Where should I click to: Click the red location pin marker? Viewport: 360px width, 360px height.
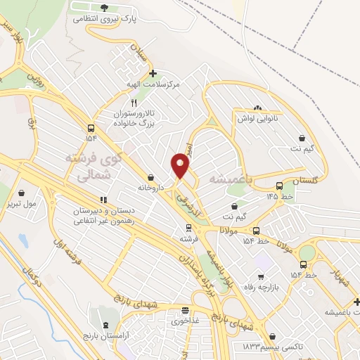[180, 166]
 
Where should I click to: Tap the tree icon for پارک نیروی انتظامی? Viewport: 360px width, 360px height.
[105, 8]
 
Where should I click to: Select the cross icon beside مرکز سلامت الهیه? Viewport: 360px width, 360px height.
[153, 72]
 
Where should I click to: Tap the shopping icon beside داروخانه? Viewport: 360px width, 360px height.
[151, 177]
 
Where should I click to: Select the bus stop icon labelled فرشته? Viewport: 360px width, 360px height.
[188, 228]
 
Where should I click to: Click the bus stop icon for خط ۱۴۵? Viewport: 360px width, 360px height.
[280, 186]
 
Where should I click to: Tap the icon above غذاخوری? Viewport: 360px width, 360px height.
[185, 310]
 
